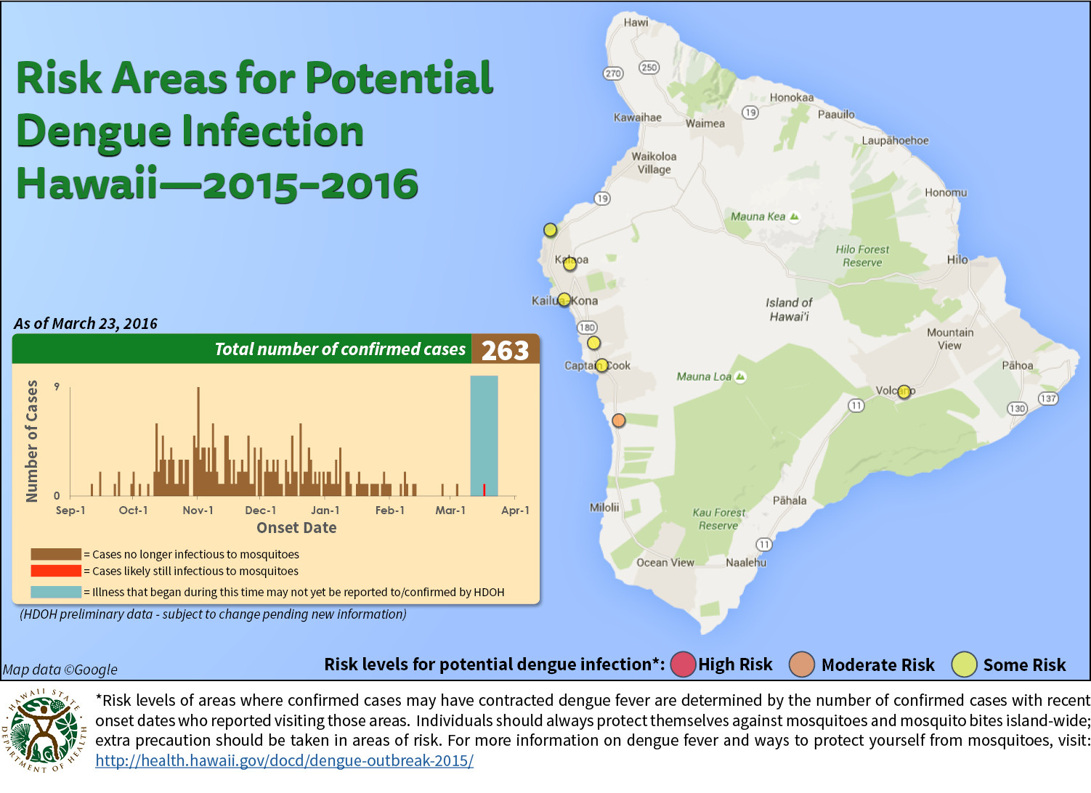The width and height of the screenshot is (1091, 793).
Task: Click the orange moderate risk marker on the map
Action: click(x=618, y=420)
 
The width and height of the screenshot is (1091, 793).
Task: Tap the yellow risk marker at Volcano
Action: click(x=904, y=391)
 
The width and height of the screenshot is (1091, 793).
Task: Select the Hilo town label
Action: click(x=957, y=259)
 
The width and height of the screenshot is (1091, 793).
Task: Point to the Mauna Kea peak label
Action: click(x=764, y=216)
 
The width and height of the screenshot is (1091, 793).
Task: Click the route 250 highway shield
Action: click(x=649, y=68)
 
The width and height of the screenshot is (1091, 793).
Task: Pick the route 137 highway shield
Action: click(x=1047, y=398)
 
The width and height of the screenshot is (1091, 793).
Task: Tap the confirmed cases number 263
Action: click(x=505, y=350)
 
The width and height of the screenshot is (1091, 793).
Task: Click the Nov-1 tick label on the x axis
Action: click(x=198, y=511)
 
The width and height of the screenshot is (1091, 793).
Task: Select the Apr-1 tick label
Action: click(x=515, y=511)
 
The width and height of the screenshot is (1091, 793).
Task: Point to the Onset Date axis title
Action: click(x=296, y=528)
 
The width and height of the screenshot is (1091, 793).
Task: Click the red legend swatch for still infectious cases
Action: click(x=56, y=571)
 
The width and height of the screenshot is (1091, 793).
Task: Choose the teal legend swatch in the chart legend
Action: click(x=56, y=592)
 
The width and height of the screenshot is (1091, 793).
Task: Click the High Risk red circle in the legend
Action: click(x=683, y=664)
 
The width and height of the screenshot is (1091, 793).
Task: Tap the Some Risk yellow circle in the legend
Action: click(x=965, y=664)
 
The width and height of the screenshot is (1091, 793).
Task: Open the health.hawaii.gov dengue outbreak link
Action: click(x=284, y=760)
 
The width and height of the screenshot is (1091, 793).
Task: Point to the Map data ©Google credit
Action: click(x=60, y=670)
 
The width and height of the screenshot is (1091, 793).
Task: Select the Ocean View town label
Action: click(x=665, y=563)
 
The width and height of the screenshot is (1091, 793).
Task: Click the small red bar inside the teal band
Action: click(x=484, y=489)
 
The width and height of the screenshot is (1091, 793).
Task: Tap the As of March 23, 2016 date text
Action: click(x=85, y=324)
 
